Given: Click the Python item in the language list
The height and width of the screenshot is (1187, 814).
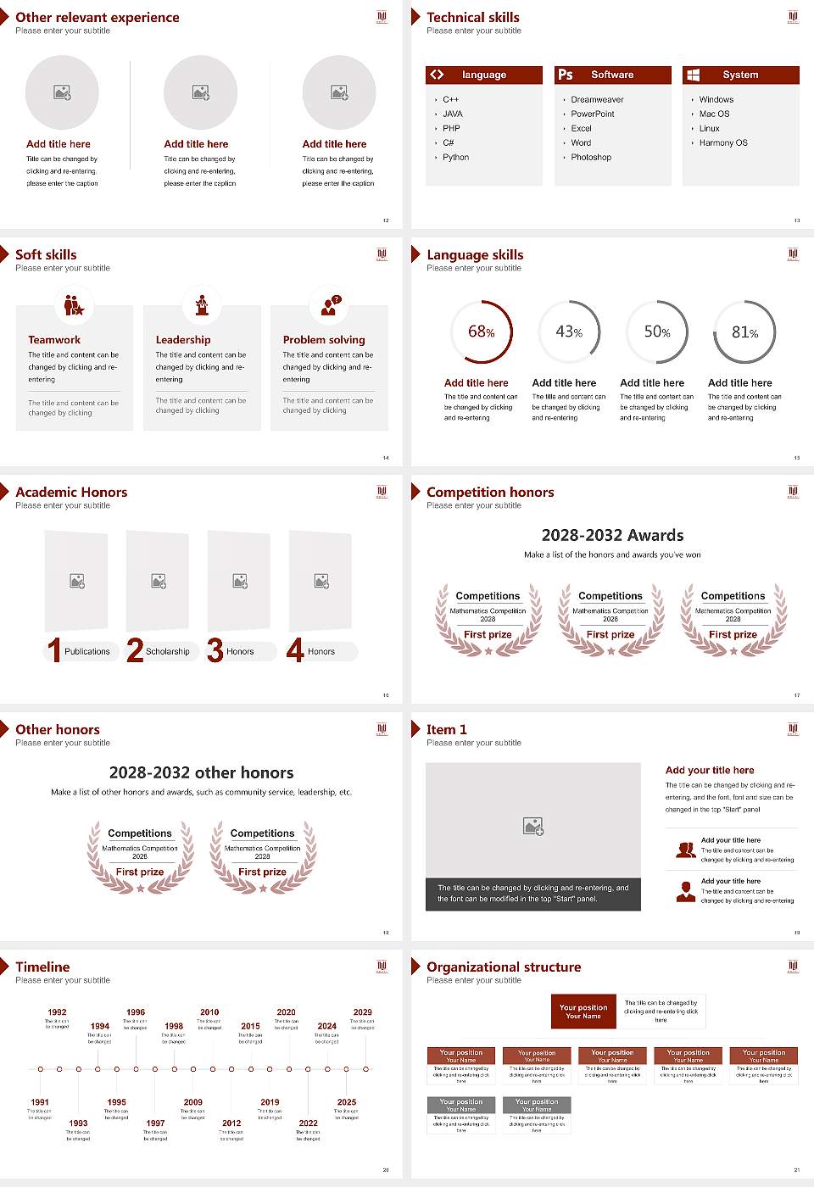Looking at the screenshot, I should coord(455,158).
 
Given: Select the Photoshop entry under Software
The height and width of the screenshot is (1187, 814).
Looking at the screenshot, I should coord(591,158).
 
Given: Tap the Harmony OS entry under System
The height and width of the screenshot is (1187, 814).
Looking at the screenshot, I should coord(723,143).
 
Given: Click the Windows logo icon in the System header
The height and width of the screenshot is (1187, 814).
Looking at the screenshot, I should coord(694,75).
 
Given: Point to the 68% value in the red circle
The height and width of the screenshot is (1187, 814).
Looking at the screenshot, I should coord(481,332).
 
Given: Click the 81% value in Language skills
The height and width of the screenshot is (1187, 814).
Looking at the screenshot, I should coord(744,332).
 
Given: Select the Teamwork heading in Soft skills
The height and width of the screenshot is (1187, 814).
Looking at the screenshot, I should coord(54,340).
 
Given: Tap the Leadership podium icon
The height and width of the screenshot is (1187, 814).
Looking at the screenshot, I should coord(202,305).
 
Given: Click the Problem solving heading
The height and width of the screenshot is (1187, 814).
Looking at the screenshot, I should coord(324,340).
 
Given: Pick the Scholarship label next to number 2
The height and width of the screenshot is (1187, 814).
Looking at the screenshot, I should coord(167,652).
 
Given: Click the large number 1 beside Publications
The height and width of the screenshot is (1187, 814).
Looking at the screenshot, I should coord(54,650).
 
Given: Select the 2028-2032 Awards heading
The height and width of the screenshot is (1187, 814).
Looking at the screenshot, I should coord(612,535).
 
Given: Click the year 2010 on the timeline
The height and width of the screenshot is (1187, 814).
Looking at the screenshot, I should coord(209,1012).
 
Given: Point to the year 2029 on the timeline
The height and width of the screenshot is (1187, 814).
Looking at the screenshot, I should coord(362,1012).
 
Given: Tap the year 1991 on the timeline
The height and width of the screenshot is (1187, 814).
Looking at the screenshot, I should coord(40,1103).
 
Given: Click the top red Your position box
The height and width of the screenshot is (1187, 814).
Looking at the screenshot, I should coord(583,1011).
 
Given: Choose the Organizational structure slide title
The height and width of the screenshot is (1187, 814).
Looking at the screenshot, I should coord(504,967).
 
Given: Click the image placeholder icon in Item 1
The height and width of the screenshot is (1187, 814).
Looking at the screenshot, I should coord(533,826).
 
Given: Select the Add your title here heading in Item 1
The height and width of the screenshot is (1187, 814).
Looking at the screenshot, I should coord(710,771).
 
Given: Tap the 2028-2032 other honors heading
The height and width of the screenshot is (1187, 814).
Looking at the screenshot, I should coord(202,772).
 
